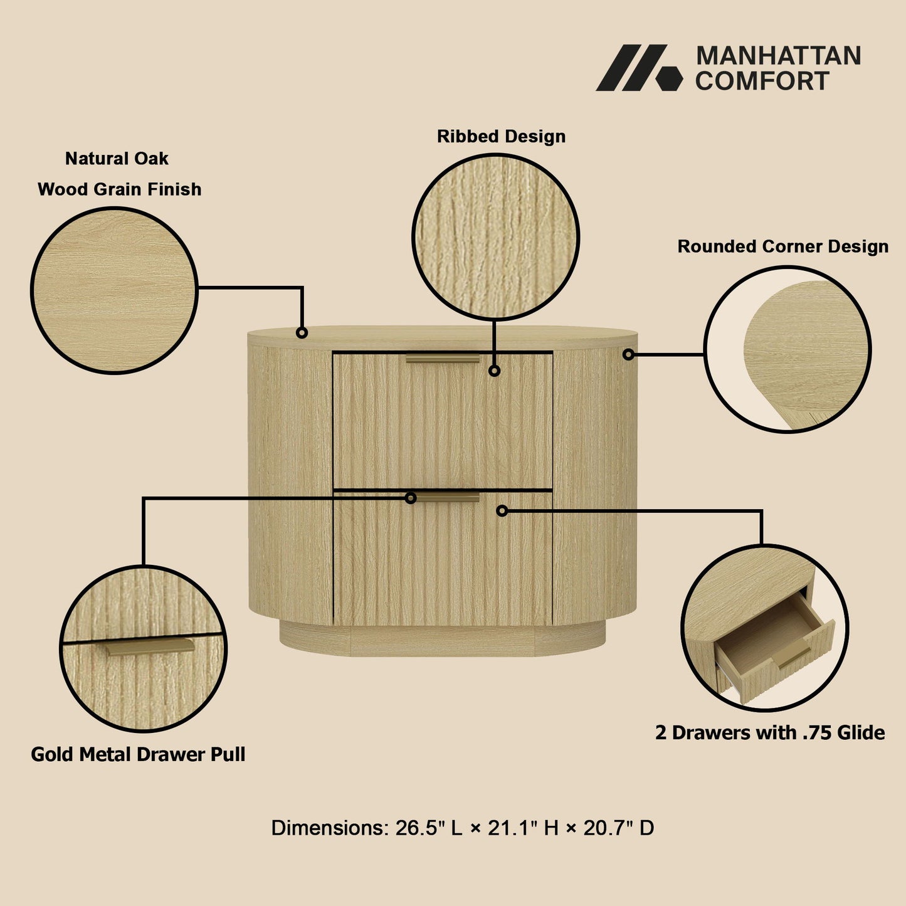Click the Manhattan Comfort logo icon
(x=638, y=68)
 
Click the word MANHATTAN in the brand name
(x=778, y=56)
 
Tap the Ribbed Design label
(x=501, y=136)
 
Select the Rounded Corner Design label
(x=782, y=246)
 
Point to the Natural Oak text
(x=117, y=159)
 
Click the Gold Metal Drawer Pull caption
(x=138, y=754)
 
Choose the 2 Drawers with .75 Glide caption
(x=770, y=732)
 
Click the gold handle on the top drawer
(x=443, y=359)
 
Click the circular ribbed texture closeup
(x=495, y=237)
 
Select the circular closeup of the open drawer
(x=764, y=628)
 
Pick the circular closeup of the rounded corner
(x=787, y=349)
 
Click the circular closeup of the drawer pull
(x=144, y=648)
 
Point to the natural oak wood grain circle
(x=114, y=290)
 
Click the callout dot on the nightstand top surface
(x=302, y=332)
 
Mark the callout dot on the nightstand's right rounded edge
(x=628, y=355)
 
